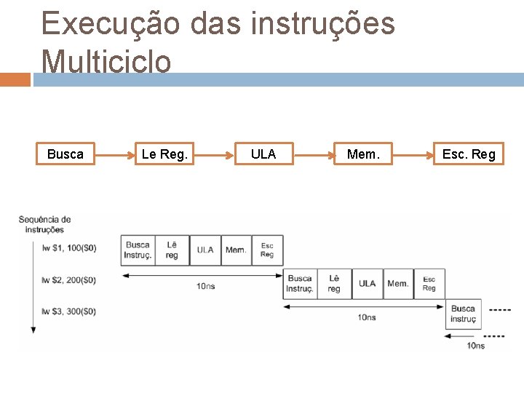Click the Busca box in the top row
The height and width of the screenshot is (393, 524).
click(x=65, y=154)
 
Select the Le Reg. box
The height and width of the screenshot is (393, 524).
click(x=164, y=154)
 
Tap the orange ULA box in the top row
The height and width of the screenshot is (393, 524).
click(x=263, y=154)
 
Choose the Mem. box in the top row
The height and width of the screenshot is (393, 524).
click(x=362, y=154)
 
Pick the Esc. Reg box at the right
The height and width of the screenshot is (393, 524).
click(x=469, y=154)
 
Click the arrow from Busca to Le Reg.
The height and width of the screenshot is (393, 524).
click(x=115, y=154)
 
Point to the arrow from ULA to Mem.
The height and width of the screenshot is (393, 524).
click(x=313, y=154)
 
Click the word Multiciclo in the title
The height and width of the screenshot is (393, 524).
click(x=107, y=61)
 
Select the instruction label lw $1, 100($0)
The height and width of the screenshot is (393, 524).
click(x=69, y=247)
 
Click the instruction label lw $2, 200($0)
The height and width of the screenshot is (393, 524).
click(x=69, y=279)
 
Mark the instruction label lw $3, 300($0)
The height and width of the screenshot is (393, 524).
click(x=69, y=311)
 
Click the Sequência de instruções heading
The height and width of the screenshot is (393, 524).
click(x=44, y=224)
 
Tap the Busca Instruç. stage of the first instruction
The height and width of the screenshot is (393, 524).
click(x=138, y=250)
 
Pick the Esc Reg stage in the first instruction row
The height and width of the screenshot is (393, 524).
click(x=267, y=250)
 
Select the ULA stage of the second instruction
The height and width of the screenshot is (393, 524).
click(x=368, y=283)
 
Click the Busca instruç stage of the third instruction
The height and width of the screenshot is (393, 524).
click(x=463, y=314)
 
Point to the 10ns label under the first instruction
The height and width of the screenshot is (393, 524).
click(x=205, y=286)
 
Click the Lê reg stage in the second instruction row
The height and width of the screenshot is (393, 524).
click(x=334, y=283)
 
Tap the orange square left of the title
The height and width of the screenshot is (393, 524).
click(x=15, y=79)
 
